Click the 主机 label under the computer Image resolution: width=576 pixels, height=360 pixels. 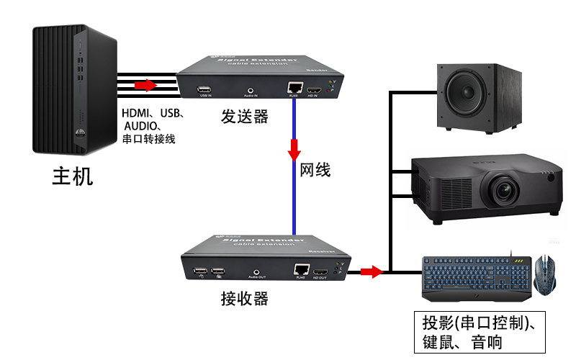click(72, 176)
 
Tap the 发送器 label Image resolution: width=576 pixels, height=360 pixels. click(244, 116)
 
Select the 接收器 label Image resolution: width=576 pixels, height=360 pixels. click(244, 298)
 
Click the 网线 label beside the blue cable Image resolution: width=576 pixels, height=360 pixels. click(315, 171)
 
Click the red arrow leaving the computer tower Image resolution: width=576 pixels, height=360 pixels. click(145, 86)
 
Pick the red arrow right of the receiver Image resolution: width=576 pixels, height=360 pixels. click(371, 271)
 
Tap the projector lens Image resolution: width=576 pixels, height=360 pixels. click(503, 189)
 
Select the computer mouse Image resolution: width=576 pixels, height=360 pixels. click(545, 274)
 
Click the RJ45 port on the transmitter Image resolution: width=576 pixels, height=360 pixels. click(294, 88)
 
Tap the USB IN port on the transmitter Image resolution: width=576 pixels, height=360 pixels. click(204, 90)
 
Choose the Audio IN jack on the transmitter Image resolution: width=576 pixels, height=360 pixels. click(251, 89)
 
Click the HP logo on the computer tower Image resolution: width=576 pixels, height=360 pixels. click(78, 134)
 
